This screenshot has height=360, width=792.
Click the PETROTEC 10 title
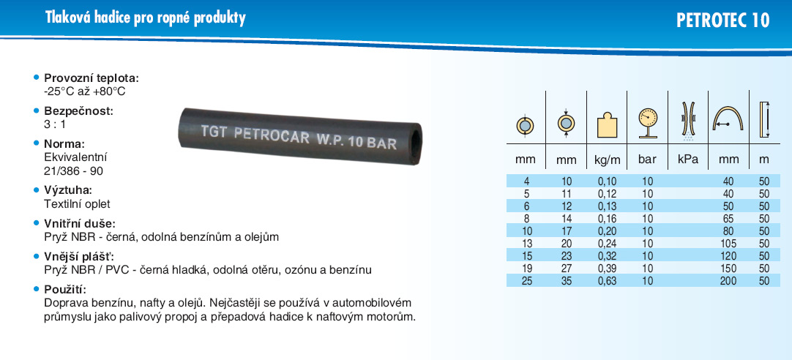(722, 20)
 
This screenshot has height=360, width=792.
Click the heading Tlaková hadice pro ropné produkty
(146, 18)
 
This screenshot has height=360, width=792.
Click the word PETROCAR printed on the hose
(272, 135)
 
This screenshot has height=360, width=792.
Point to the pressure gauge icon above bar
(647, 123)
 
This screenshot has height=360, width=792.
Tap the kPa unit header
(687, 160)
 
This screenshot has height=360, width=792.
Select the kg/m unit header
(607, 160)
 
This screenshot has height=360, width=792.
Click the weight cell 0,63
(607, 281)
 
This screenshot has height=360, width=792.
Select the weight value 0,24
(607, 244)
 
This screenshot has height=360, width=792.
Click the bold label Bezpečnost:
(79, 111)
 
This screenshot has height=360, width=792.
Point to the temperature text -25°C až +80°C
(85, 92)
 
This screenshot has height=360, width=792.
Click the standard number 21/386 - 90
(74, 171)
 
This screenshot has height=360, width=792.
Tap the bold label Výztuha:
(68, 191)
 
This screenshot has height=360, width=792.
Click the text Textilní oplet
(78, 204)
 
